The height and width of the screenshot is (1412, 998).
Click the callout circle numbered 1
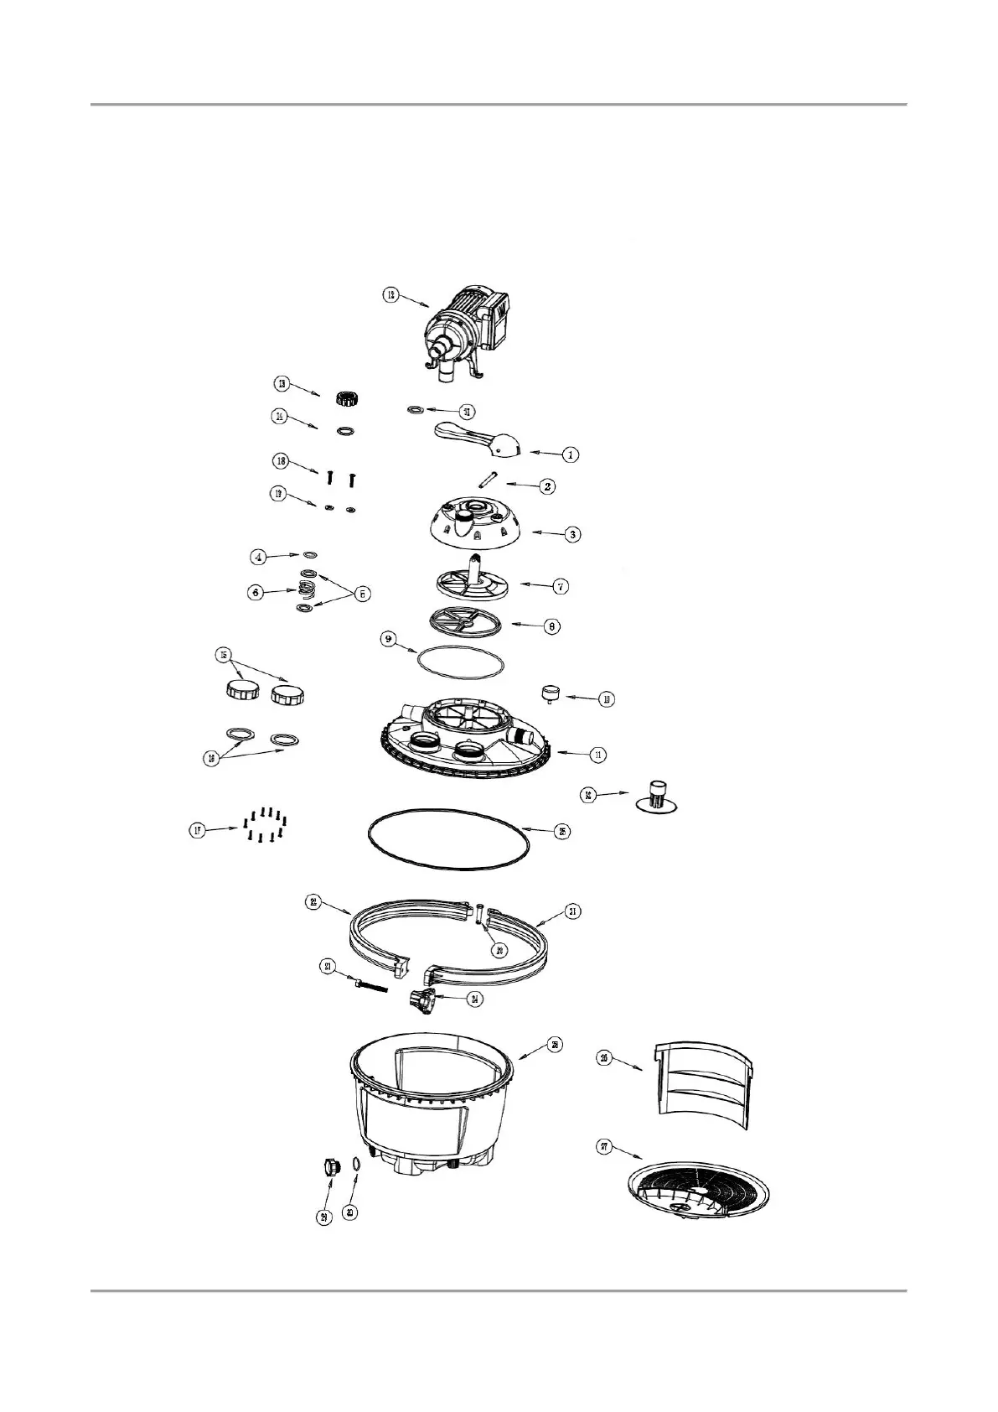click(x=570, y=454)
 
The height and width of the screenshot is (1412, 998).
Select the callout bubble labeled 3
click(x=572, y=534)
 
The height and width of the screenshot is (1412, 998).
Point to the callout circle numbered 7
click(x=560, y=587)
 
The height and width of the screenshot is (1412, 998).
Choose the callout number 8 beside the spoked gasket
click(x=550, y=626)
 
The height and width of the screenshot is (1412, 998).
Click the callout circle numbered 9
click(x=388, y=639)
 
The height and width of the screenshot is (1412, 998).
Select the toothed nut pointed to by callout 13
click(x=342, y=398)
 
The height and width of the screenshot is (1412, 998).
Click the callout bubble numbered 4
click(x=260, y=556)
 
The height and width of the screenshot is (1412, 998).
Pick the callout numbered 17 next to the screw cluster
click(x=197, y=831)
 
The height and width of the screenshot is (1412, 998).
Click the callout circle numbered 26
click(x=604, y=1057)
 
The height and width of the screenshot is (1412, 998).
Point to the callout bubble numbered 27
click(x=604, y=1147)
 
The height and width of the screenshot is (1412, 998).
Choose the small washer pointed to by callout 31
click(x=415, y=410)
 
